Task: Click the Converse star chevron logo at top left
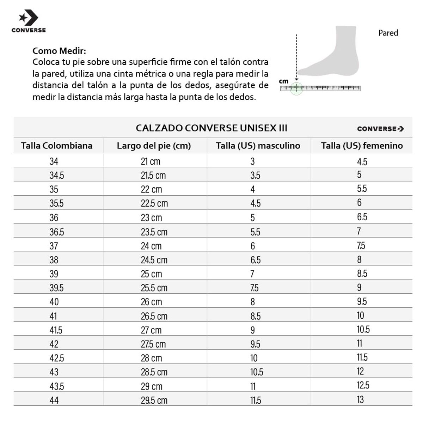[28, 18]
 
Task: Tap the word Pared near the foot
[388, 33]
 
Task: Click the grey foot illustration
[335, 56]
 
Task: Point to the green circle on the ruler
[296, 88]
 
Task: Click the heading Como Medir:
[59, 51]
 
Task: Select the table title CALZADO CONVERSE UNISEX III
[211, 128]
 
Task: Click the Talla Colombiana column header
[57, 146]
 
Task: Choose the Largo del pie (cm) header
[154, 146]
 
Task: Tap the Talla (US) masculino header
[258, 146]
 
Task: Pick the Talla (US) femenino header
[362, 146]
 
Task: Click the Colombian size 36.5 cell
[57, 232]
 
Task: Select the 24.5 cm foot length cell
[154, 260]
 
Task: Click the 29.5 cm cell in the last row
[154, 400]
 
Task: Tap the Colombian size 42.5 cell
[57, 358]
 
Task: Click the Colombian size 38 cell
[54, 260]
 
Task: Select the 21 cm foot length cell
[151, 161]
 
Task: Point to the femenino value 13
[360, 399]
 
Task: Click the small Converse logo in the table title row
[380, 129]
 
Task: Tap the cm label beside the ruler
[284, 81]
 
